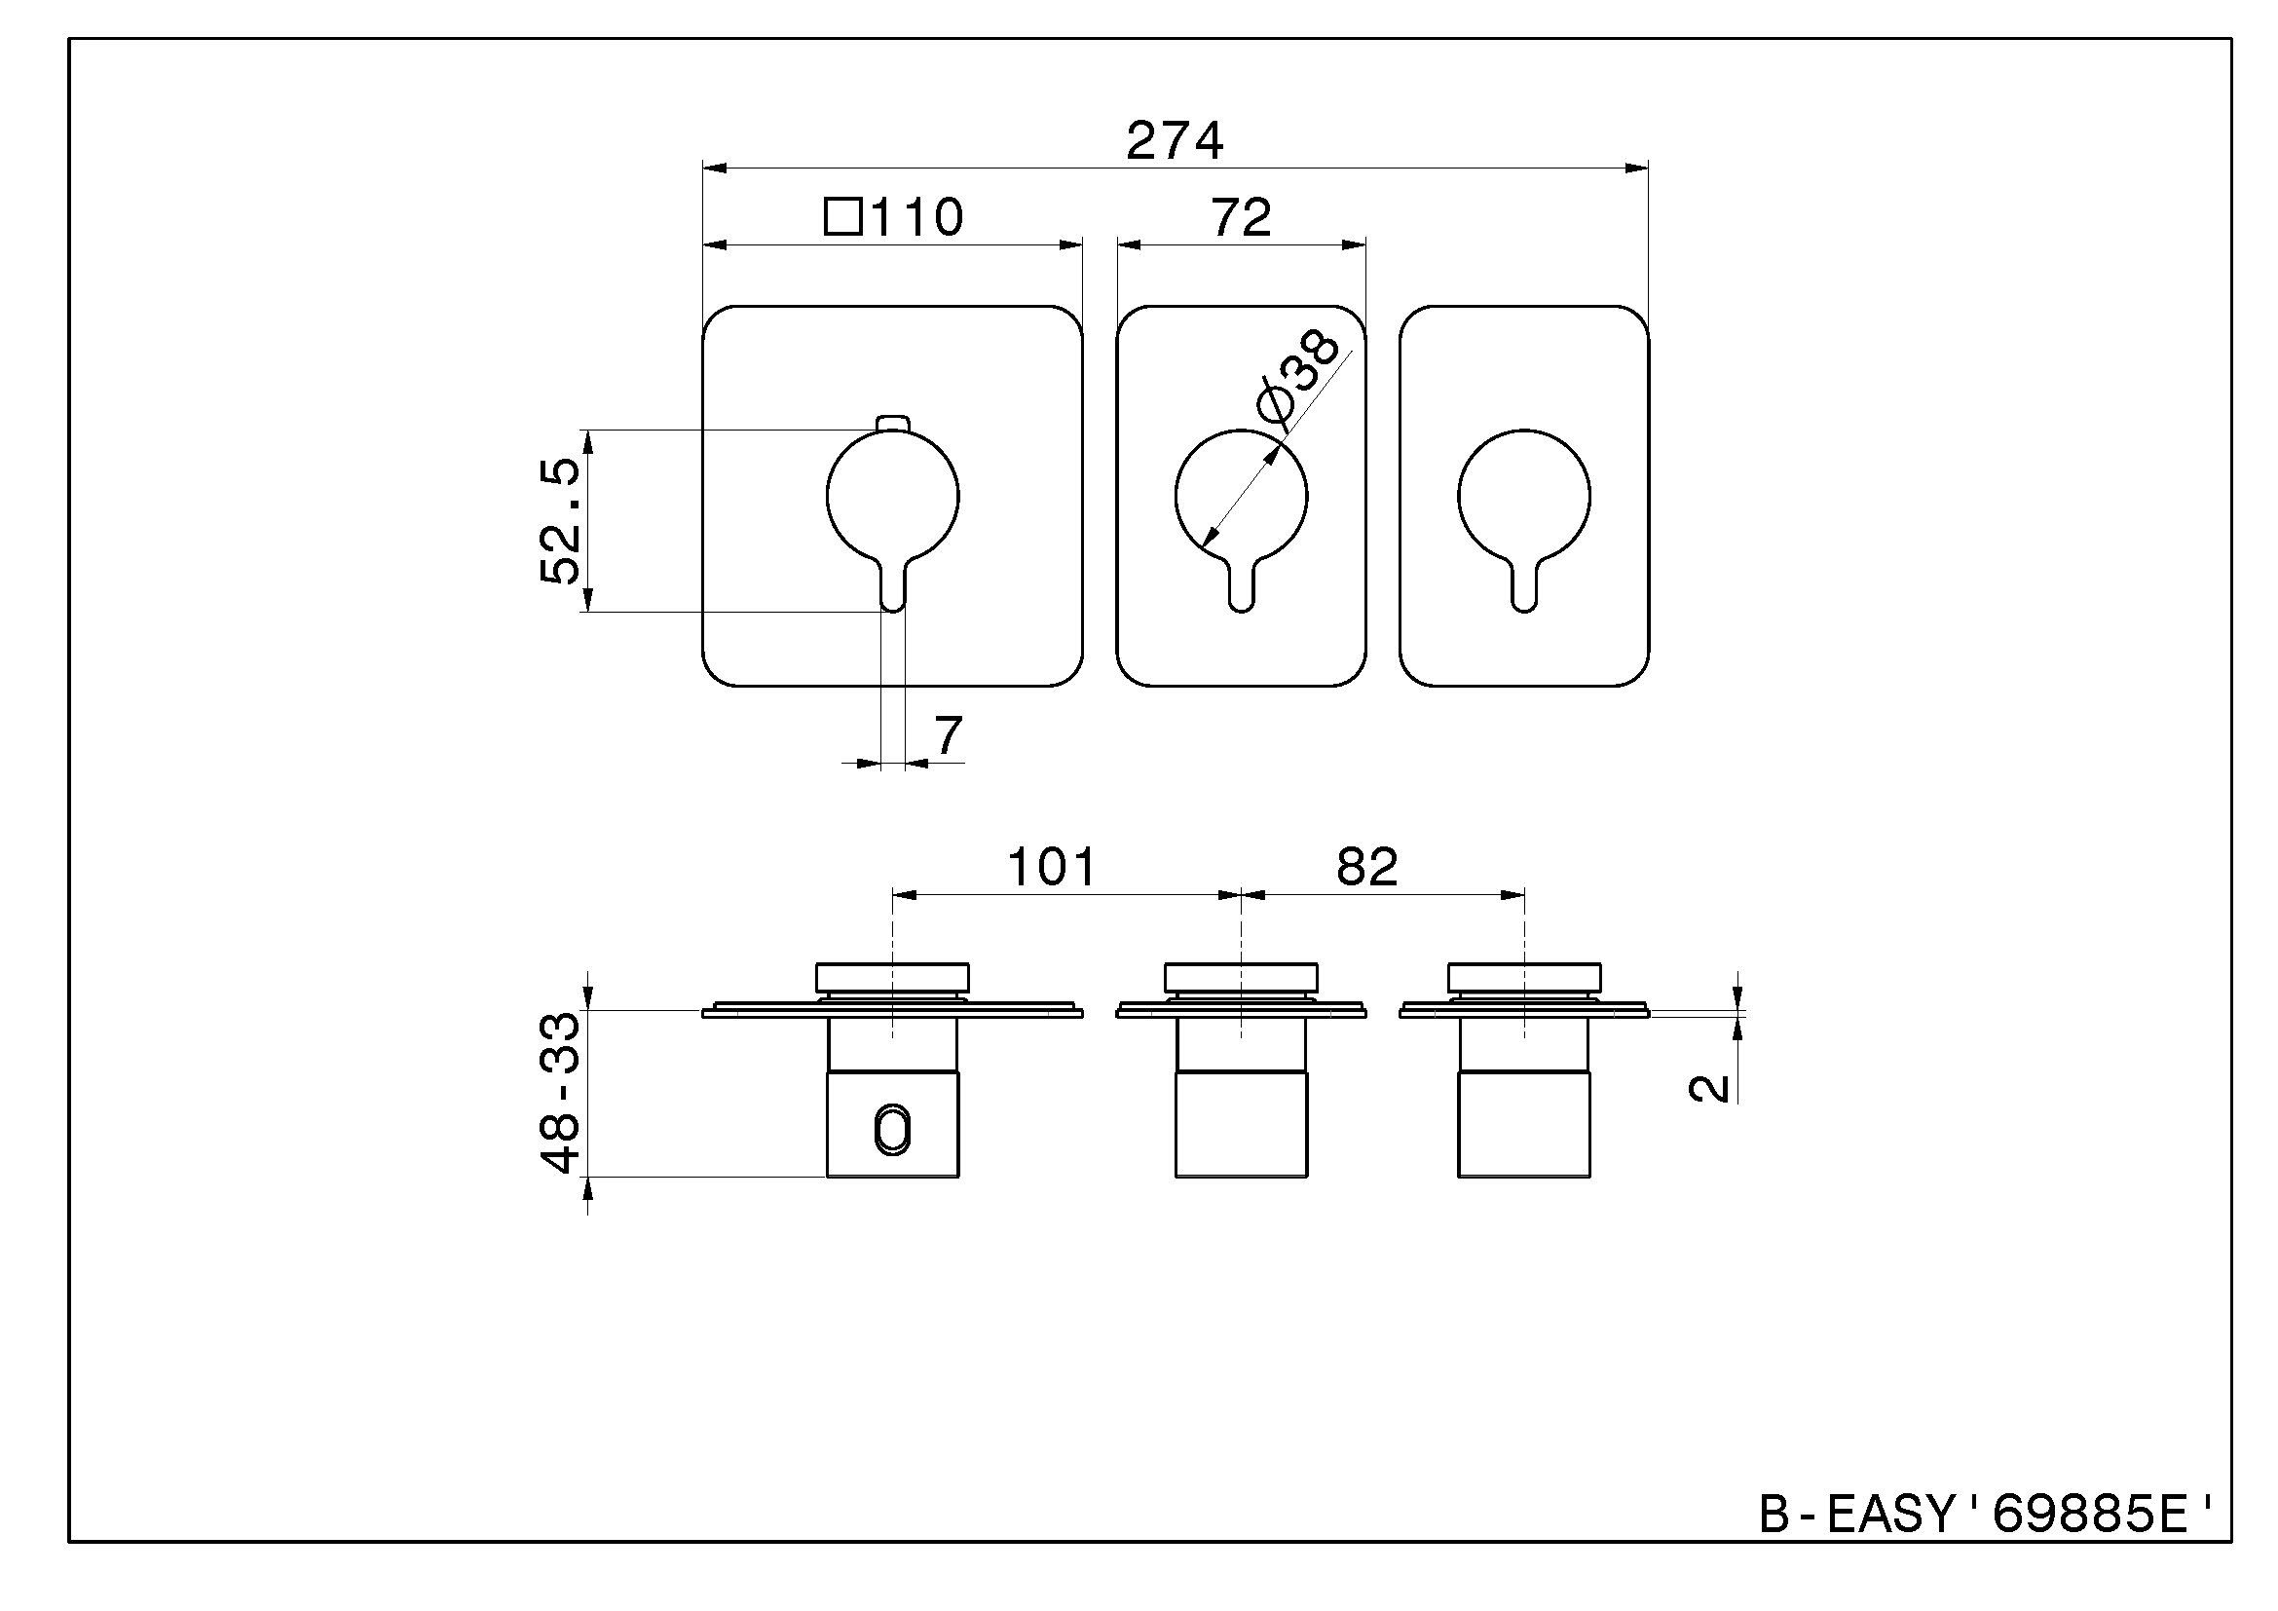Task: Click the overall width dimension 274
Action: click(1175, 141)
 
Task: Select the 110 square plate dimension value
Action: click(916, 217)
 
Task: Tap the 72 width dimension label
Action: click(1241, 217)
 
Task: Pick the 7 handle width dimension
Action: click(949, 735)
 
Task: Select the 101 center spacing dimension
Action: click(1052, 866)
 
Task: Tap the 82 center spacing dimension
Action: click(1367, 866)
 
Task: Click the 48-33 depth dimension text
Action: click(561, 1092)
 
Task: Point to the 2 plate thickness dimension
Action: click(1708, 1088)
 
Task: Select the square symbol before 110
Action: click(842, 216)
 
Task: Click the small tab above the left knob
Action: click(893, 424)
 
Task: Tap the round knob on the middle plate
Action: click(1241, 496)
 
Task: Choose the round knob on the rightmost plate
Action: click(1524, 496)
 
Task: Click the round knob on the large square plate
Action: click(893, 496)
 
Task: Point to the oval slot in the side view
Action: click(893, 1131)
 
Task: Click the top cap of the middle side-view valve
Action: click(1240, 977)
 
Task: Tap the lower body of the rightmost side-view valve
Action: click(1524, 1124)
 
